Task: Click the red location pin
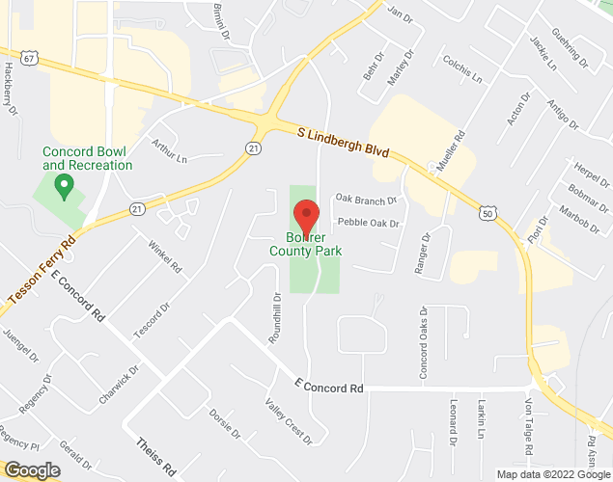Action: (306, 213)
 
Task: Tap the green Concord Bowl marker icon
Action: (65, 184)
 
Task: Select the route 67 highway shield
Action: (30, 59)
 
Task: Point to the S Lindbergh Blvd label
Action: (343, 137)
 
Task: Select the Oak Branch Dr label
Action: (366, 200)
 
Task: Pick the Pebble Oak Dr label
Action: (368, 223)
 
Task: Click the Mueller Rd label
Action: (451, 151)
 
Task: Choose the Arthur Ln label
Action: (168, 150)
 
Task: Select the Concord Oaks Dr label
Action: (423, 342)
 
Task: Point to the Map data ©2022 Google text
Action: (553, 474)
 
